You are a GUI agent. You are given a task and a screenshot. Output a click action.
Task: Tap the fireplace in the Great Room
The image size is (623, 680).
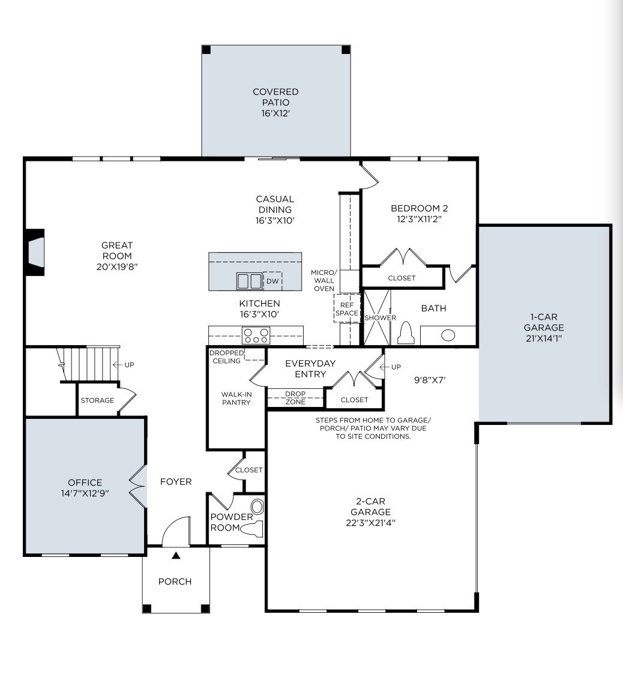(35, 252)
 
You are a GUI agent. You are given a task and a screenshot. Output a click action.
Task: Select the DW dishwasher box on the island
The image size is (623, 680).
(272, 281)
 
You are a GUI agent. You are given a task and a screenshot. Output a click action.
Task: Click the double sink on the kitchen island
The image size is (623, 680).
(249, 281)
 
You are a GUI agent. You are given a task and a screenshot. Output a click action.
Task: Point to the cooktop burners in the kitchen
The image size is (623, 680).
(256, 335)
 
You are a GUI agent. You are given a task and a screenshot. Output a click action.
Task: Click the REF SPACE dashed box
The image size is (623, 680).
(347, 308)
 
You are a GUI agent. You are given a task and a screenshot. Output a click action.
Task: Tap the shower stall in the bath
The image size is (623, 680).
(378, 317)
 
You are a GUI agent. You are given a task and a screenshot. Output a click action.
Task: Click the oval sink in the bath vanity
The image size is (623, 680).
(448, 335)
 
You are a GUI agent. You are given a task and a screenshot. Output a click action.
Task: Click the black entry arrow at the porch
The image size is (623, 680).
(176, 556)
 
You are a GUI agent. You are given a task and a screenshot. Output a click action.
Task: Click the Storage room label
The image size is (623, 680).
(97, 400)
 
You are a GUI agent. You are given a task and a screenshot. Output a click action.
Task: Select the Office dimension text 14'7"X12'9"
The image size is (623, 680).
(85, 493)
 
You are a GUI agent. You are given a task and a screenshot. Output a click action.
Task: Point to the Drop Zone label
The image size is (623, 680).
(295, 398)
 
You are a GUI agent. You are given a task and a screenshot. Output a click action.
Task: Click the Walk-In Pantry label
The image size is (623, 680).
(236, 399)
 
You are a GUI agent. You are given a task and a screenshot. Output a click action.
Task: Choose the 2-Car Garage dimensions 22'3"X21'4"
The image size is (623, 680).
(370, 522)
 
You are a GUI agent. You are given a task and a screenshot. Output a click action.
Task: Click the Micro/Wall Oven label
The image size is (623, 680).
(324, 280)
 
